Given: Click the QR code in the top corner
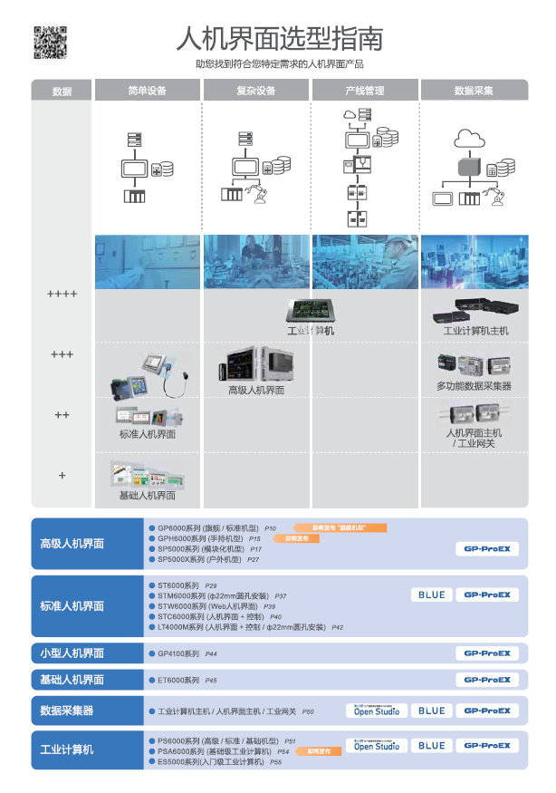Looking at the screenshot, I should point(51,43).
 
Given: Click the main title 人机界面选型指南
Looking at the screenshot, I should point(280,39).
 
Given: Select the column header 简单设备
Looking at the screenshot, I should point(148,91).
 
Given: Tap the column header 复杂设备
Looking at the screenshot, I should point(256,91).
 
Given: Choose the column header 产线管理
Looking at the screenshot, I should point(364,91).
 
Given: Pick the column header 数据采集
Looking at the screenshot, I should point(474,91).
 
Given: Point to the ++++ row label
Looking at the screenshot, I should point(62,295).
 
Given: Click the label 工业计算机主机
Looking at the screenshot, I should point(475,331).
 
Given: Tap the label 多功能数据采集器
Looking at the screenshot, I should point(474,386).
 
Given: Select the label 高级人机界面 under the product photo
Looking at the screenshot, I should point(256,390).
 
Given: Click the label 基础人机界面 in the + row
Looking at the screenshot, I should point(148,496).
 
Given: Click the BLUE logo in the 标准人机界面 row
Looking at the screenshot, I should point(431,595).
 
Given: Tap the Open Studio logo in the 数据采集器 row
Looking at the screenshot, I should point(377,711).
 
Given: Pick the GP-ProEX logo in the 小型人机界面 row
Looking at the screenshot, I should point(487,653).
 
